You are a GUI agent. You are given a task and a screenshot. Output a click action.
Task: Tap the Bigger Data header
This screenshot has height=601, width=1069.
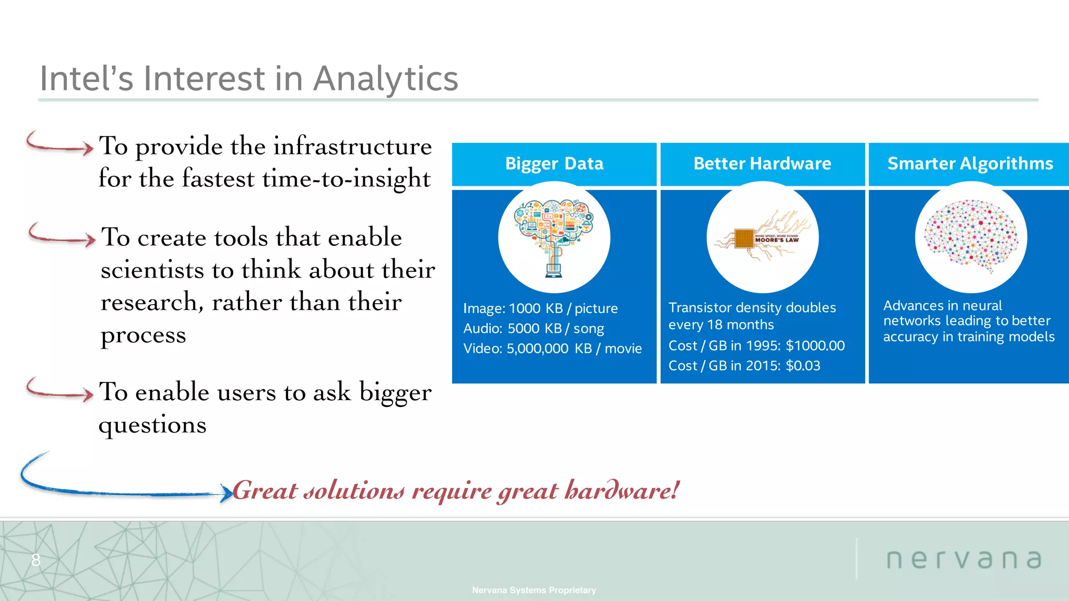(554, 164)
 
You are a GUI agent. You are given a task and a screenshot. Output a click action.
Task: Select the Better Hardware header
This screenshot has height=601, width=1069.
(762, 164)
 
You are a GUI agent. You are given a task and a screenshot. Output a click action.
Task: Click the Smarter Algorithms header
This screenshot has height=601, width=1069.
(970, 164)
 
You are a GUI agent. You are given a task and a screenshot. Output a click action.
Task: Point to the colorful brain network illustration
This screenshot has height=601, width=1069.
(971, 236)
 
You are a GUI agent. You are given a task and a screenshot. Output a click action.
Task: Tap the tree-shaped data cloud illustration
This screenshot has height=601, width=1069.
(554, 237)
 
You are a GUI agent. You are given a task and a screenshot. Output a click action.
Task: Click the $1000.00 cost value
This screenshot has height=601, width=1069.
(815, 346)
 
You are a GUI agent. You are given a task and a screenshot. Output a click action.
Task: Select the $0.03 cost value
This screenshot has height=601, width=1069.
(803, 366)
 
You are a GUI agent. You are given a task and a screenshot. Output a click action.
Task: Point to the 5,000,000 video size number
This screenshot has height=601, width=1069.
(537, 348)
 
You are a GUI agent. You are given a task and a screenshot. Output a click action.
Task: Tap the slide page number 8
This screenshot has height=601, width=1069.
(35, 560)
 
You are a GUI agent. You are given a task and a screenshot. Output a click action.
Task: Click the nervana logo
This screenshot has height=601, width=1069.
(964, 559)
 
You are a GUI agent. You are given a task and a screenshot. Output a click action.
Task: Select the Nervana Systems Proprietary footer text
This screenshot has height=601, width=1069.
(533, 590)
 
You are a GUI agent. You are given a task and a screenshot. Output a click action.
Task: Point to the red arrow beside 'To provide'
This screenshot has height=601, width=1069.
(58, 144)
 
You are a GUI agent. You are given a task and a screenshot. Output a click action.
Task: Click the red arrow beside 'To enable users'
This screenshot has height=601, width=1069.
(58, 390)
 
